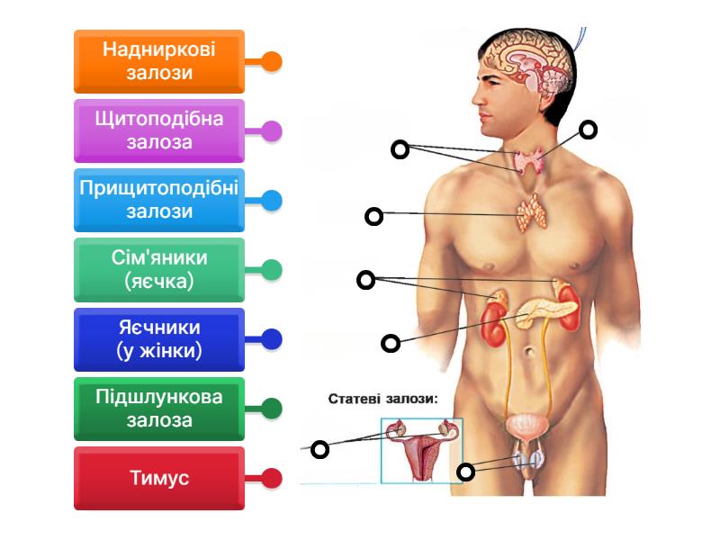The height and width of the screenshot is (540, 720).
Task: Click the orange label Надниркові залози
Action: tap(159, 61)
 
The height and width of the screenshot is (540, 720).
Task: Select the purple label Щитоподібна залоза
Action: tap(159, 130)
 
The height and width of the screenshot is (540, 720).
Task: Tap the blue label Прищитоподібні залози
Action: tap(159, 200)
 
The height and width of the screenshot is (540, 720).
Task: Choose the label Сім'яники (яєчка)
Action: tap(159, 269)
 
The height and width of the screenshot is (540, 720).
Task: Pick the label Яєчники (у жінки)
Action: tap(159, 339)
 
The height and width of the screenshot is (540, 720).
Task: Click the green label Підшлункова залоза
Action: tap(159, 409)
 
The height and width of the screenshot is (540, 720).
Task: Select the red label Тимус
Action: tap(159, 478)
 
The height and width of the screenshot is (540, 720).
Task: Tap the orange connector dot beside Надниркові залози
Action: tap(272, 61)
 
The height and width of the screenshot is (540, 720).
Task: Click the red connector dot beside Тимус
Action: tap(272, 478)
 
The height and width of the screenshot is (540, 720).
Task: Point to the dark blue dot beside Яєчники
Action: tap(272, 339)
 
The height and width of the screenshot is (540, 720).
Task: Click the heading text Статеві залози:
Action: tap(382, 399)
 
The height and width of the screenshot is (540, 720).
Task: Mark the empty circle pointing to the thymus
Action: tap(373, 216)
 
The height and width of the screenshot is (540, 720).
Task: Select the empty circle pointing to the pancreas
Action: tap(391, 342)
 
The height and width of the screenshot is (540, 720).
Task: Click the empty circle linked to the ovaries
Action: tap(319, 448)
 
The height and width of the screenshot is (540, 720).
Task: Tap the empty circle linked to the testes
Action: tap(465, 472)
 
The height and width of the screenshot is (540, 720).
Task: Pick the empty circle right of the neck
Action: tap(588, 130)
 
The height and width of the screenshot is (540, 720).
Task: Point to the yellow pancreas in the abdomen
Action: tap(545, 310)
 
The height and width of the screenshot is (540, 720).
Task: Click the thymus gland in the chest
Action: tap(531, 212)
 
